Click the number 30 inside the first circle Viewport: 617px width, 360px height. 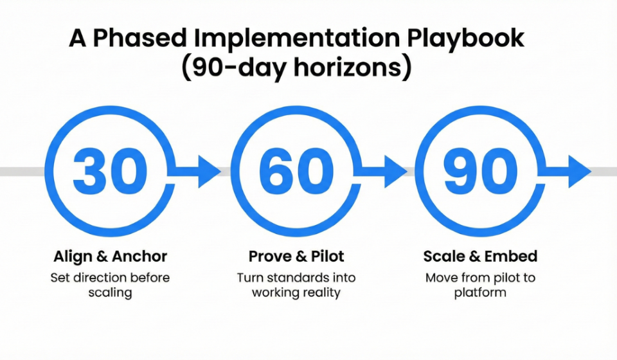111,172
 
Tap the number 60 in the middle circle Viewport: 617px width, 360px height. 296,172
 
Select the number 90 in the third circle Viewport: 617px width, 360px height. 481,172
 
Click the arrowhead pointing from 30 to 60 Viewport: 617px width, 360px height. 210,172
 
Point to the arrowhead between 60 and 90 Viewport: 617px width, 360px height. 396,172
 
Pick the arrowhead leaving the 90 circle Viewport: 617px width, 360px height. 580,172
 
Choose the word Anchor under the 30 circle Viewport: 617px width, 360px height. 139,256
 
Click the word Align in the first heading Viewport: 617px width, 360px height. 73,257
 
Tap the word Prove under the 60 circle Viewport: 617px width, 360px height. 271,256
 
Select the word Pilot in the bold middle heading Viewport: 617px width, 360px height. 327,256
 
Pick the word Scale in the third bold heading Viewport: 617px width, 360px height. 443,256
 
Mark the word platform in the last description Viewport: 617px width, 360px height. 480,293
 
